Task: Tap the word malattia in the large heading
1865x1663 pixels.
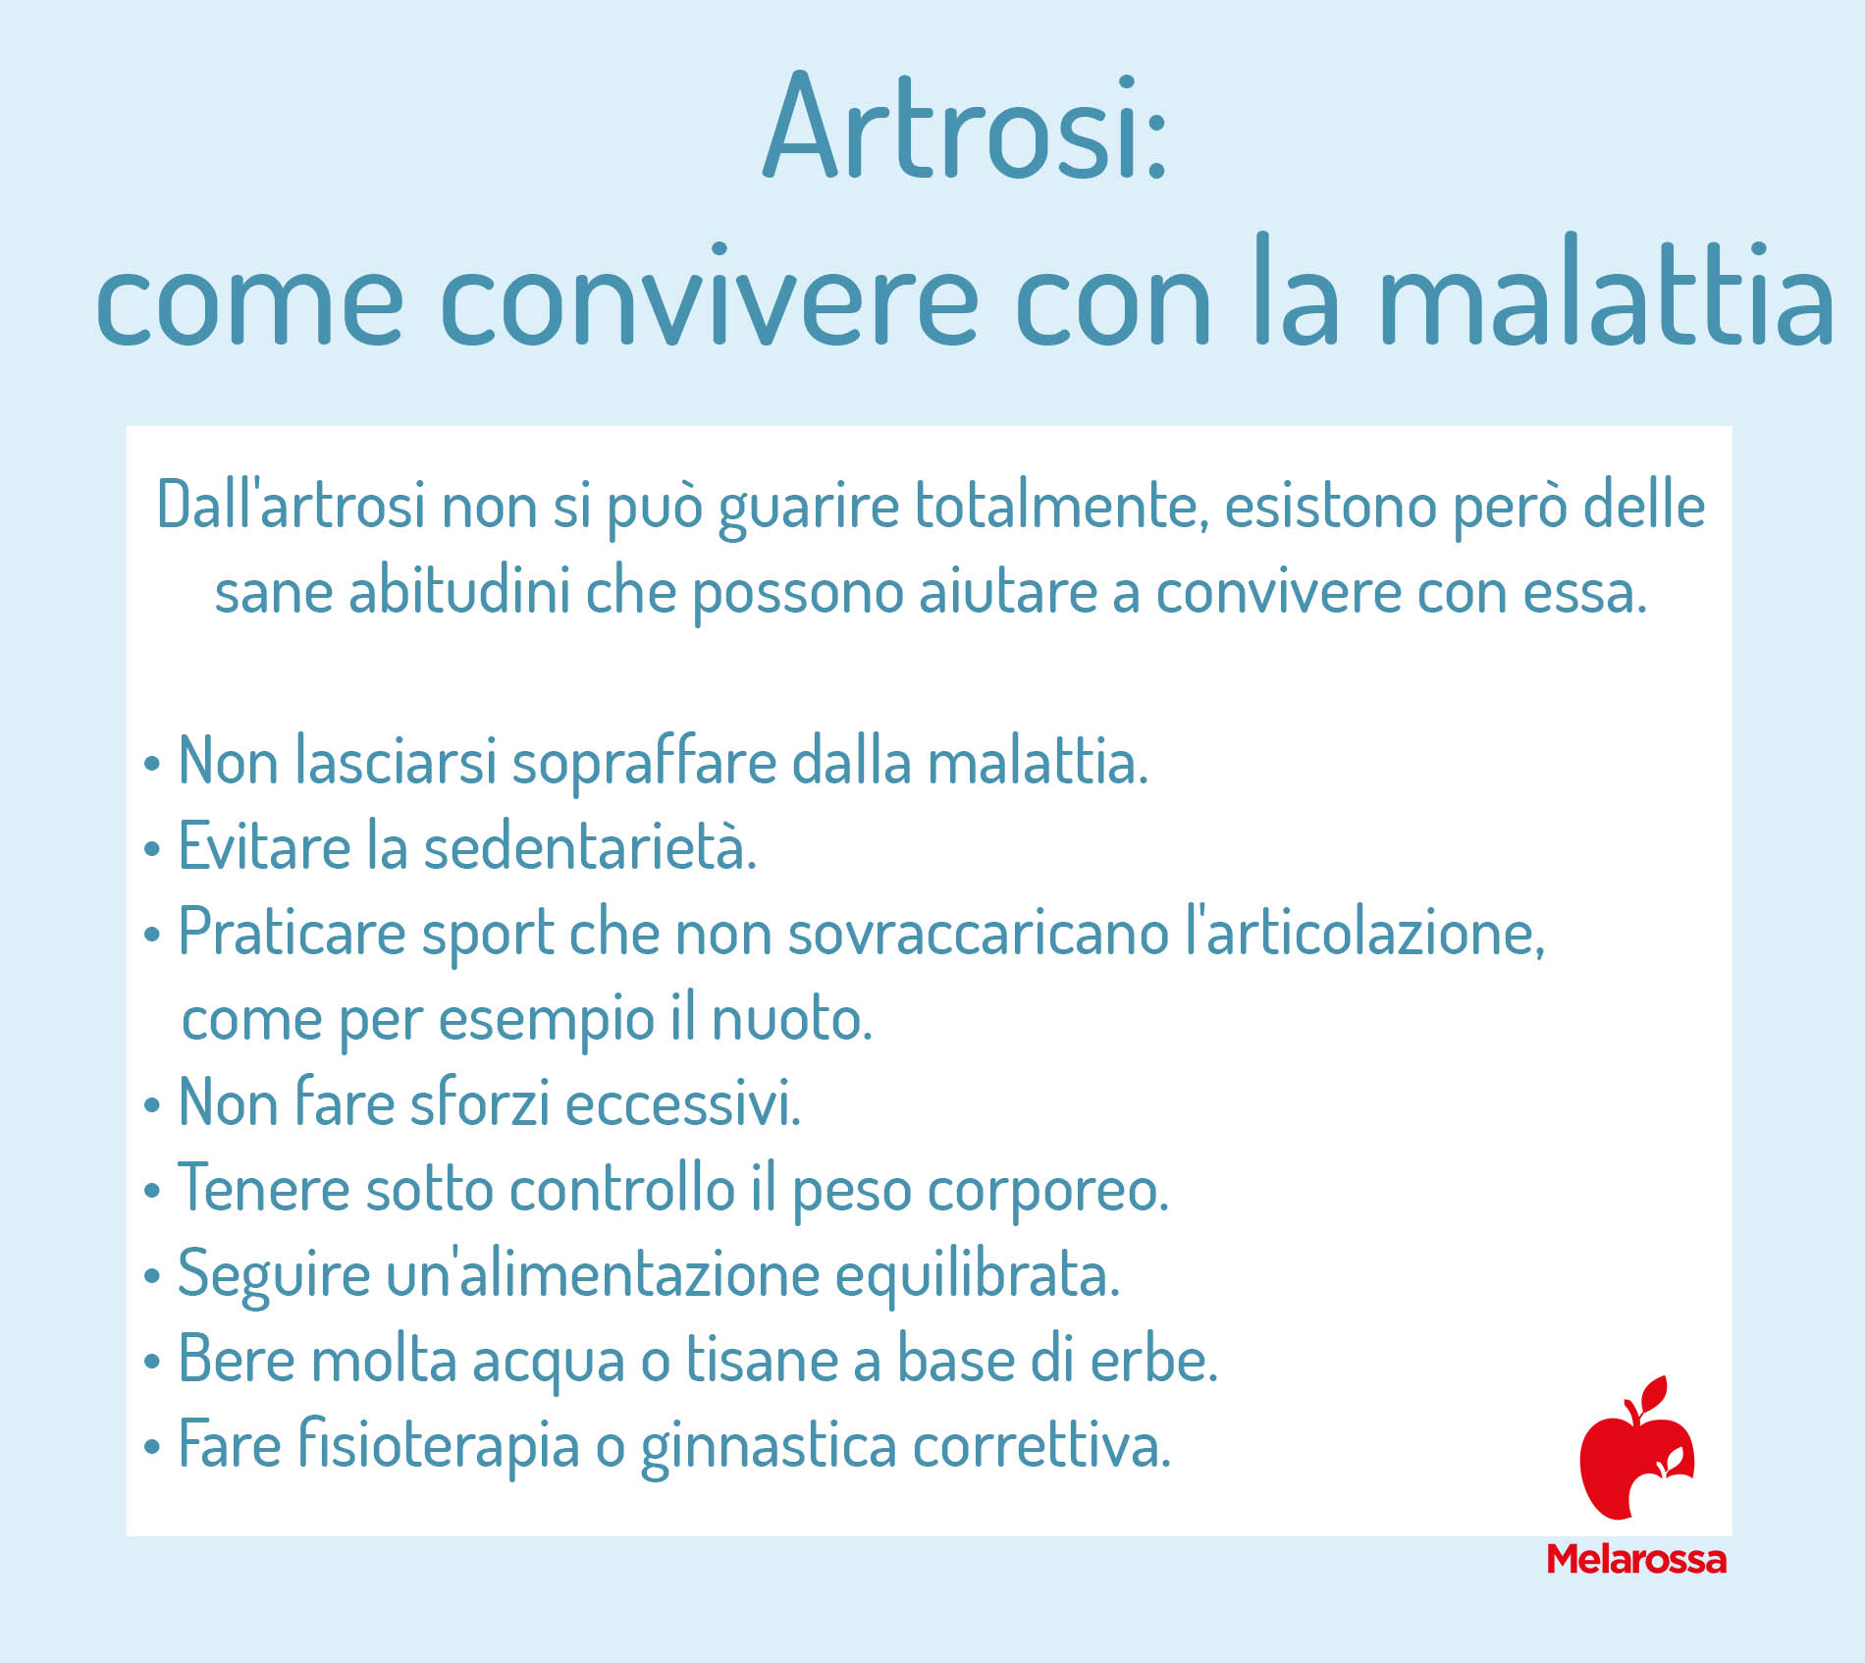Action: [x=1607, y=293]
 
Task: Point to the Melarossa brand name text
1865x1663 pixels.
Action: [x=1636, y=1559]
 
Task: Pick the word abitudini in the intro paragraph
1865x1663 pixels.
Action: [x=459, y=591]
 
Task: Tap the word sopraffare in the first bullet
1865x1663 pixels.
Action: [x=644, y=763]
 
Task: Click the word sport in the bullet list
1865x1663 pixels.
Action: [x=488, y=935]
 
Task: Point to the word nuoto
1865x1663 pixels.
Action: [x=790, y=1019]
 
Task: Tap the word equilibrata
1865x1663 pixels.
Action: [x=977, y=1274]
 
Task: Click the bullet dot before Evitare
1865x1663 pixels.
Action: [x=151, y=849]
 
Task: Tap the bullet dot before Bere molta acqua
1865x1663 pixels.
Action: [x=151, y=1363]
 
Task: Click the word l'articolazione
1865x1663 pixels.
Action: [x=1364, y=933]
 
